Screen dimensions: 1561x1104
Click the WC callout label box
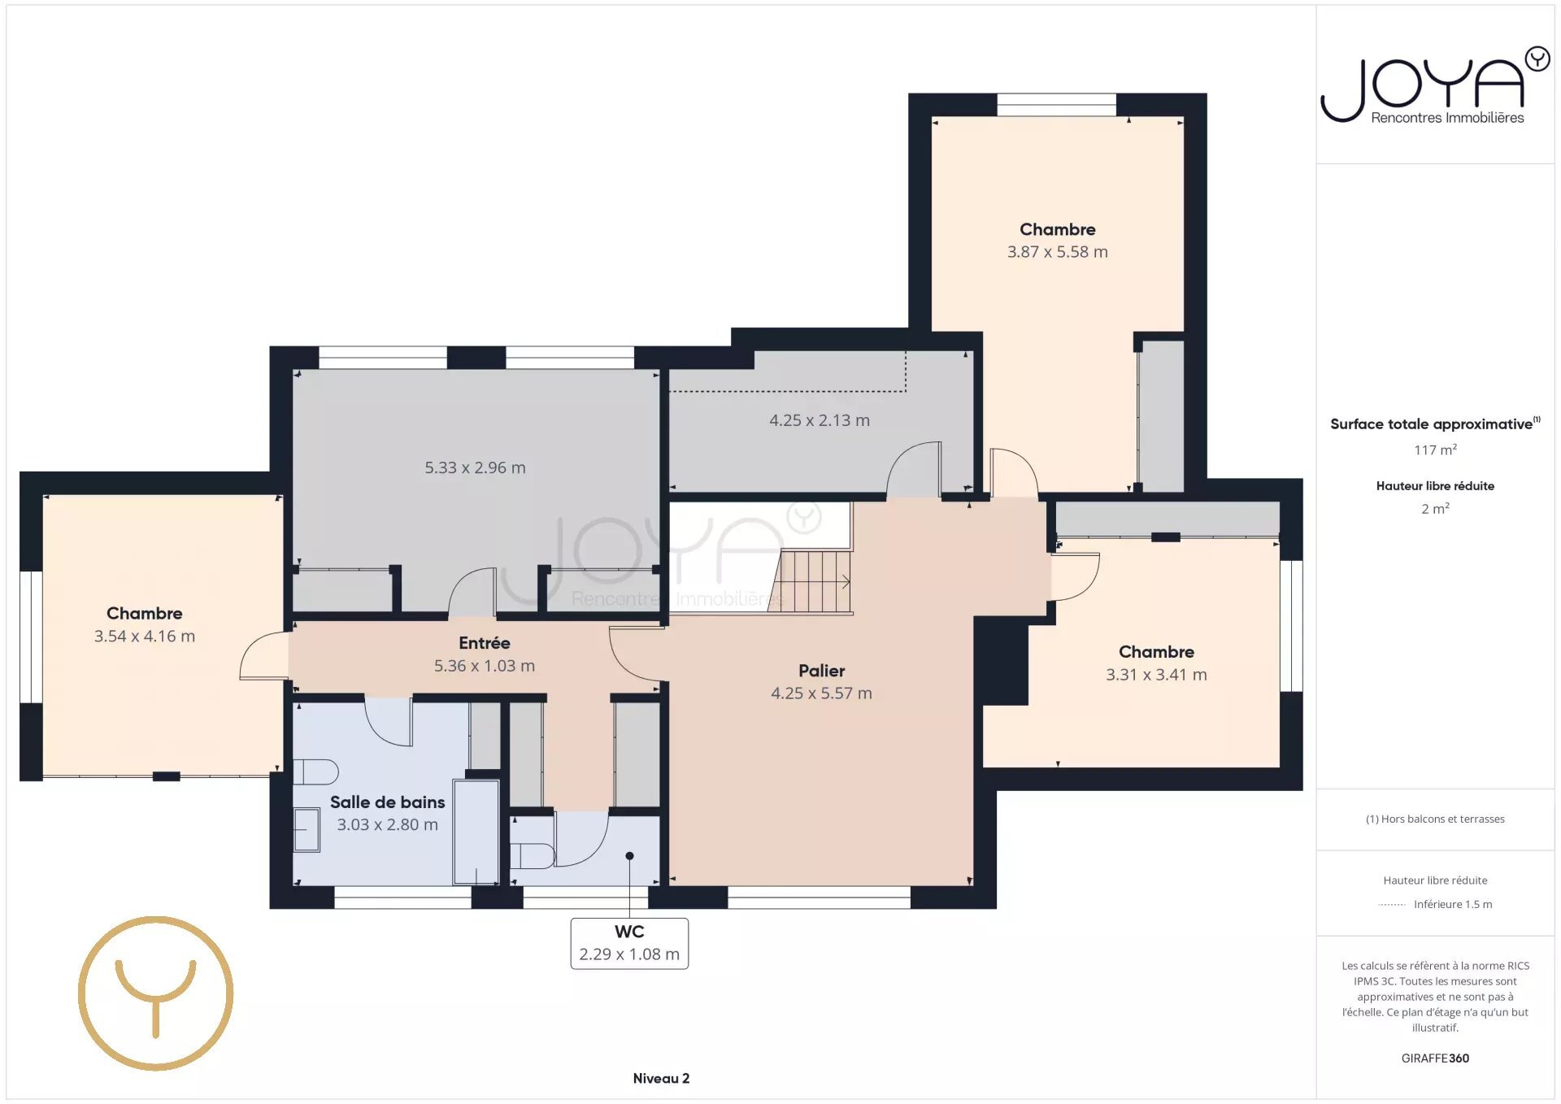(629, 943)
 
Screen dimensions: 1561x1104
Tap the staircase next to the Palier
(811, 581)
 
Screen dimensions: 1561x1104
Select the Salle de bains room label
(387, 802)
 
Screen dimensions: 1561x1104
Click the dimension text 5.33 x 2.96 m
(475, 467)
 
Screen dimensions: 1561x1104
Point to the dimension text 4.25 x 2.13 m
(820, 420)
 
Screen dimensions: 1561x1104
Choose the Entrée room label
(485, 643)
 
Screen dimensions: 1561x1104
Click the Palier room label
(821, 671)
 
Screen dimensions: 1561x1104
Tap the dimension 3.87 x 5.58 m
(1058, 252)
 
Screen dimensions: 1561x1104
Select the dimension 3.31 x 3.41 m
(1156, 675)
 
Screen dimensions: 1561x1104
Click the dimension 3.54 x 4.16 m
(145, 637)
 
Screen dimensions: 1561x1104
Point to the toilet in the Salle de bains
(315, 771)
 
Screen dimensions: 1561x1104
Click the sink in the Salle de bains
(307, 829)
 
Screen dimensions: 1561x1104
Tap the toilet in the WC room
(533, 856)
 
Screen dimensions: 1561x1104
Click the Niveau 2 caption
(661, 1079)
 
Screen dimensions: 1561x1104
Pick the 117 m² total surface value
(1435, 450)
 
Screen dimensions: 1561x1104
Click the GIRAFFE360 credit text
(1435, 1058)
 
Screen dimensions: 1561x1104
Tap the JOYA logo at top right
(1435, 85)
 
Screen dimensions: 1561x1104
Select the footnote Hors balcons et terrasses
(1435, 819)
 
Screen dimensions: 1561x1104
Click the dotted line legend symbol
(1392, 905)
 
